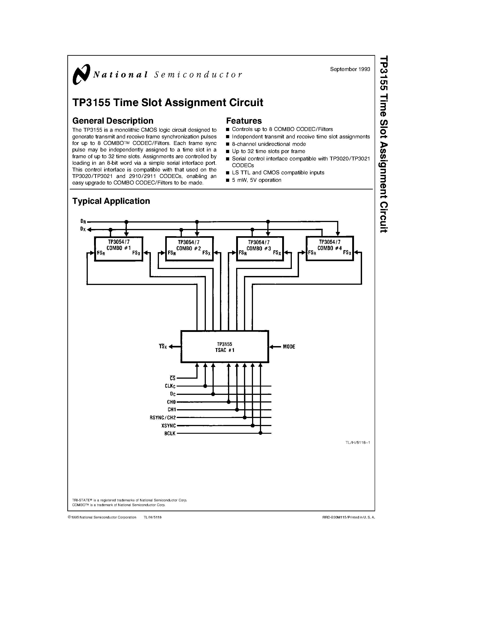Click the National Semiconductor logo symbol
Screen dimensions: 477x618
click(x=81, y=74)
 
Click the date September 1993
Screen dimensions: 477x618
click(x=350, y=69)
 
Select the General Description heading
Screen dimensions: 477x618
click(x=113, y=121)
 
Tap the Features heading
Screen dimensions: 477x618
click(x=244, y=121)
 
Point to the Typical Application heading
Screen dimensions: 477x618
click(x=111, y=201)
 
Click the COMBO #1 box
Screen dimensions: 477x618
click(x=118, y=249)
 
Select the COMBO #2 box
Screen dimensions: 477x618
click(x=189, y=249)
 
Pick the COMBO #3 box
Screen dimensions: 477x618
click(x=260, y=249)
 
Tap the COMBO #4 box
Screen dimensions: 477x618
click(x=330, y=249)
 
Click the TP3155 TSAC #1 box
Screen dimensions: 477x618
click(x=225, y=347)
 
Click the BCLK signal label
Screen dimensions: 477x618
click(x=170, y=433)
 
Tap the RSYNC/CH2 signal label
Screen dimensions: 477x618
click(x=163, y=418)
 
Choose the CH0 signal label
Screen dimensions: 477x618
click(x=171, y=402)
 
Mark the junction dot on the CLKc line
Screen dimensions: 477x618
click(x=205, y=386)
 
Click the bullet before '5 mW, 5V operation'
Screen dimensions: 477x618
click(x=228, y=180)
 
